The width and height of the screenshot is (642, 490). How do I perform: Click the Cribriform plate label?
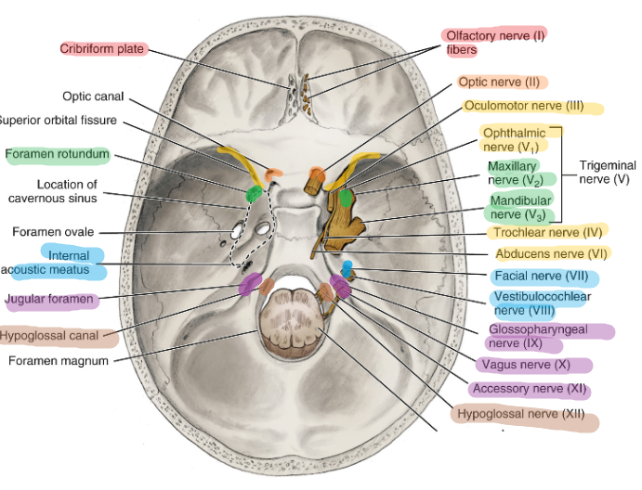point(102,48)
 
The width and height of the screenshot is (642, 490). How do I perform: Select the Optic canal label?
point(93,97)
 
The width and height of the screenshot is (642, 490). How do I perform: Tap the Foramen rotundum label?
point(58,154)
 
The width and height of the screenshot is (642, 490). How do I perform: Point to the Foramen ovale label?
point(53,232)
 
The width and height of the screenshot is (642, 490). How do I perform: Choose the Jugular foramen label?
point(49,299)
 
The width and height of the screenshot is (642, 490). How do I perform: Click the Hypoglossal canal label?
point(49,336)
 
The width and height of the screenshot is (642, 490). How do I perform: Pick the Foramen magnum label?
point(59,361)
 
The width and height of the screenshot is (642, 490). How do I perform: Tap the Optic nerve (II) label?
point(499,83)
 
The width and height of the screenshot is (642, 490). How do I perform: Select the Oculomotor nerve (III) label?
point(524,106)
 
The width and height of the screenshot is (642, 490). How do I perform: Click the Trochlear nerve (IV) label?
point(547,232)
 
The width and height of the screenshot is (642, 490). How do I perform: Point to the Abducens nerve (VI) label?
point(551,253)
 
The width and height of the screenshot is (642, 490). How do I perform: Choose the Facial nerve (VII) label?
point(542,276)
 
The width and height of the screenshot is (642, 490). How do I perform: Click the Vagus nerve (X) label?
point(526,365)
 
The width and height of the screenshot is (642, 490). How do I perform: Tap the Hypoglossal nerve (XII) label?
point(521,414)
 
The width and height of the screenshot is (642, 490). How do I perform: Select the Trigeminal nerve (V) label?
point(608,173)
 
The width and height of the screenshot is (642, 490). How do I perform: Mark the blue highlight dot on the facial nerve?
point(347,269)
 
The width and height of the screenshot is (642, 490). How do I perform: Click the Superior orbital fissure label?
point(59,121)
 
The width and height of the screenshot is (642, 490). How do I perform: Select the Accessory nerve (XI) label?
point(530,389)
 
